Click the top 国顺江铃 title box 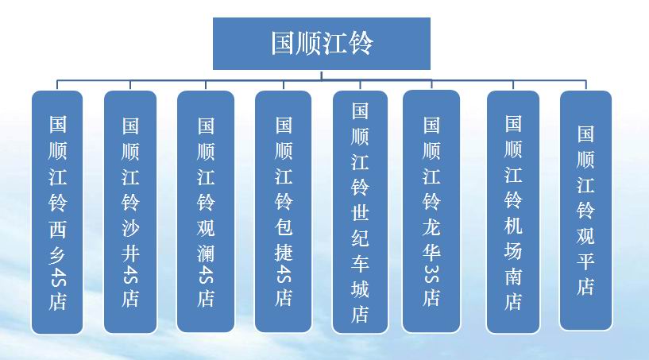(x=322, y=44)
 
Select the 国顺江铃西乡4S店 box (x=57, y=212)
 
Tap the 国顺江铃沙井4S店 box (x=130, y=211)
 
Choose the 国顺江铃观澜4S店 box (x=206, y=211)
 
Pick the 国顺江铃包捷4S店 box (x=284, y=211)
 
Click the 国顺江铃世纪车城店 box (x=360, y=212)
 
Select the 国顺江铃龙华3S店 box (x=431, y=211)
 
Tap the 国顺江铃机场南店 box (x=513, y=211)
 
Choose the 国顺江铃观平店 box (x=585, y=211)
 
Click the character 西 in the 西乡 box (x=57, y=229)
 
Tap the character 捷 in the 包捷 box (x=284, y=252)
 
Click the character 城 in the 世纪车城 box (x=360, y=288)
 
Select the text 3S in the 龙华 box (x=431, y=274)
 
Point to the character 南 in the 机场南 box (x=513, y=277)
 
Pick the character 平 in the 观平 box (x=585, y=261)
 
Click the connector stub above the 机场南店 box (x=513, y=85)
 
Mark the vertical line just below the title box (x=322, y=75)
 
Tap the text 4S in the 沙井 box (x=130, y=276)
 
